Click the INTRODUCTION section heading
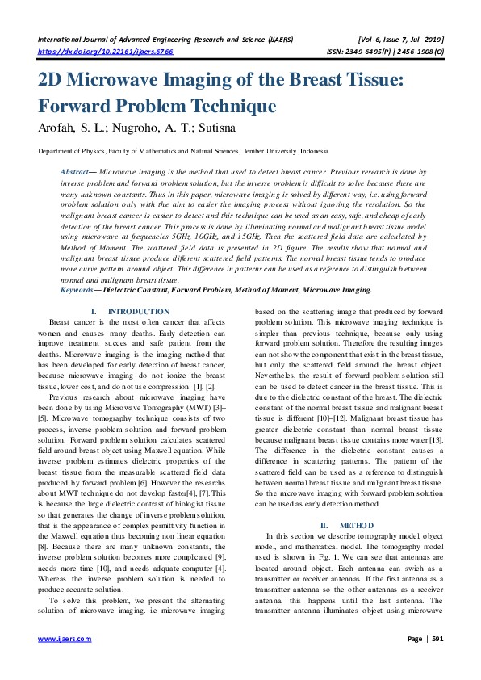click(x=138, y=312)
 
